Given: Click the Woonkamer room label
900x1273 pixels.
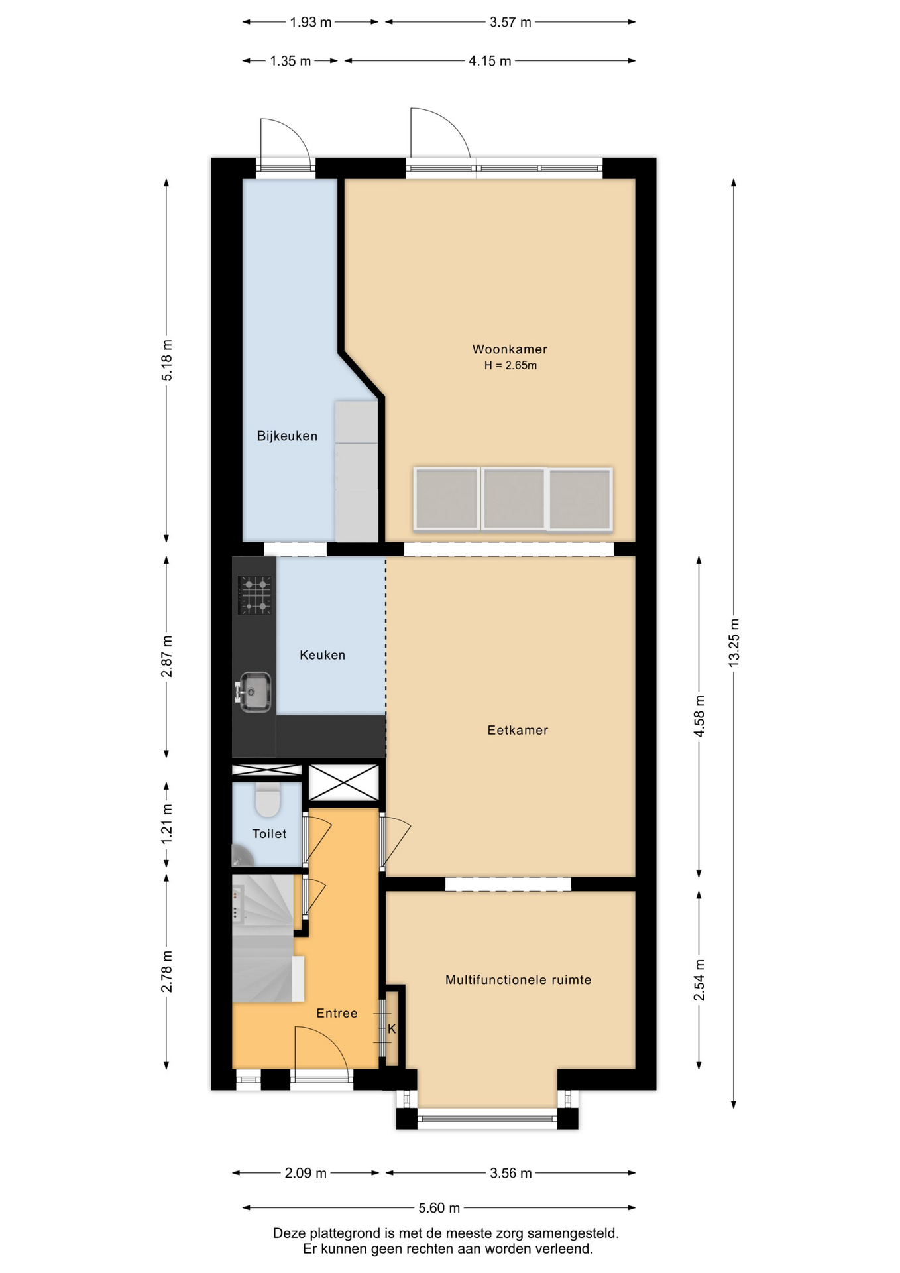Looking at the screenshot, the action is coord(510,349).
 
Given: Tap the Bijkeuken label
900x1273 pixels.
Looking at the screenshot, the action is coord(287,436).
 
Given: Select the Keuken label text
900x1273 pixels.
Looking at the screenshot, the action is coord(322,655).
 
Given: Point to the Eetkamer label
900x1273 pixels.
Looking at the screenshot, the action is coord(518,730).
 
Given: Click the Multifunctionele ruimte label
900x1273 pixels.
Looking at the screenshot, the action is coord(518,980).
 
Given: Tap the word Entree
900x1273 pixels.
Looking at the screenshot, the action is coord(337,1013).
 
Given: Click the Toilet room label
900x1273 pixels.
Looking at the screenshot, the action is coord(269,834).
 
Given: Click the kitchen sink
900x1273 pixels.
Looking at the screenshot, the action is coord(254,692).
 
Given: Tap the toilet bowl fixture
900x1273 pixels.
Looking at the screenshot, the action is coord(268,800).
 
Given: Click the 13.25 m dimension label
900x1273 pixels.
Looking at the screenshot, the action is coord(734,642).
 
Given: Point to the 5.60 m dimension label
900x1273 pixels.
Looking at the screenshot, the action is coord(439,1208).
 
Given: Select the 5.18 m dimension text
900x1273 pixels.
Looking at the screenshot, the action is coord(167,360).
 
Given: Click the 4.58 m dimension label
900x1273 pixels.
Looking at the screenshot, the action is coord(699,716).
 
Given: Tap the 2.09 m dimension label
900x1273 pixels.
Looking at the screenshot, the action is coord(306,1173).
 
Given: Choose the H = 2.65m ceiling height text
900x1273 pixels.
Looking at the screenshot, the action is coord(510,365).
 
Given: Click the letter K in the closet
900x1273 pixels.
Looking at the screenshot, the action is coord(392,1029).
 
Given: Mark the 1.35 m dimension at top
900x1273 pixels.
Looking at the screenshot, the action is coord(290,61).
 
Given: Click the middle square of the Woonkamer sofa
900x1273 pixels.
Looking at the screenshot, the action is coord(514,499).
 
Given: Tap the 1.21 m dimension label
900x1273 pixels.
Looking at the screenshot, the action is coord(167,823).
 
